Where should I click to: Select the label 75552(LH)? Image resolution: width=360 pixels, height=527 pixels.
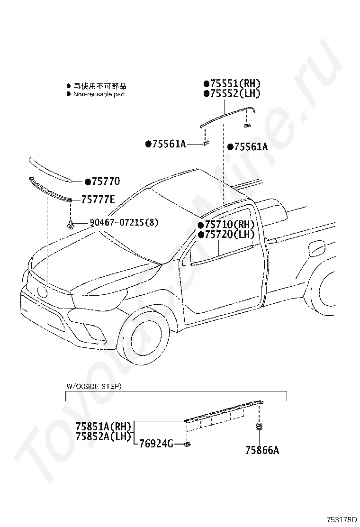pyautogui.click(x=234, y=94)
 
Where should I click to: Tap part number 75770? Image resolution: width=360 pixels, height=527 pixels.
pyautogui.click(x=105, y=182)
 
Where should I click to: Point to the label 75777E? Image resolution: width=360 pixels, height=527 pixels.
pyautogui.click(x=98, y=200)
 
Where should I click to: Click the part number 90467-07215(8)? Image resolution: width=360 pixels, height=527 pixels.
pyautogui.click(x=124, y=222)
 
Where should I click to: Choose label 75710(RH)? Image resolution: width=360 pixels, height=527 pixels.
pyautogui.click(x=229, y=225)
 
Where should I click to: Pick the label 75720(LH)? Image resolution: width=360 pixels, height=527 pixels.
pyautogui.click(x=229, y=235)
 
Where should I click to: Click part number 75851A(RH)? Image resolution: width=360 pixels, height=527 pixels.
pyautogui.click(x=103, y=426)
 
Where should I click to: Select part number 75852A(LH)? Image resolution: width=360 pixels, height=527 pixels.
pyautogui.click(x=103, y=436)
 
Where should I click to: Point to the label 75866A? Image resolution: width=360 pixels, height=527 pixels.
pyautogui.click(x=262, y=450)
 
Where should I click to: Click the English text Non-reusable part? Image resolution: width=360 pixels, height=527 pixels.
pyautogui.click(x=99, y=94)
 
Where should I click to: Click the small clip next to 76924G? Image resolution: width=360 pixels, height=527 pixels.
pyautogui.click(x=187, y=444)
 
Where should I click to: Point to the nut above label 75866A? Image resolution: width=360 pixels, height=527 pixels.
pyautogui.click(x=259, y=426)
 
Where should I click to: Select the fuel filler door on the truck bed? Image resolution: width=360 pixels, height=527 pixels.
pyautogui.click(x=316, y=247)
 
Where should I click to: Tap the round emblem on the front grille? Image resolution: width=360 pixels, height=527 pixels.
pyautogui.click(x=42, y=291)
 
